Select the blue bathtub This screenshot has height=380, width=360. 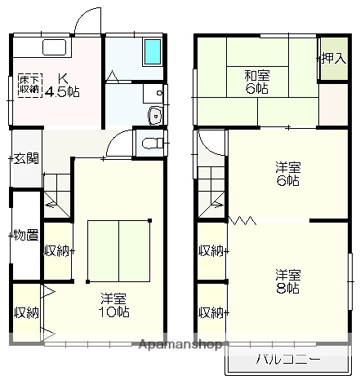[x=153, y=53]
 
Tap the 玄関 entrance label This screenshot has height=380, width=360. [x=24, y=158]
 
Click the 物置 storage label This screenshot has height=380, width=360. [x=24, y=236]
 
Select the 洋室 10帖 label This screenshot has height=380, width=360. [x=114, y=304]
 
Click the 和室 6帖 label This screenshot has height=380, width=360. [x=256, y=81]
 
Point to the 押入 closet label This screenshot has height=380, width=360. [x=332, y=58]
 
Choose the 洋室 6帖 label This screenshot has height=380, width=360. [x=286, y=174]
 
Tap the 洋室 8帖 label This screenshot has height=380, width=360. [x=287, y=281]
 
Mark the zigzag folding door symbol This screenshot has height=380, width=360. [x=242, y=220]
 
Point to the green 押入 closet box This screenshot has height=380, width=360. [x=331, y=58]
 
